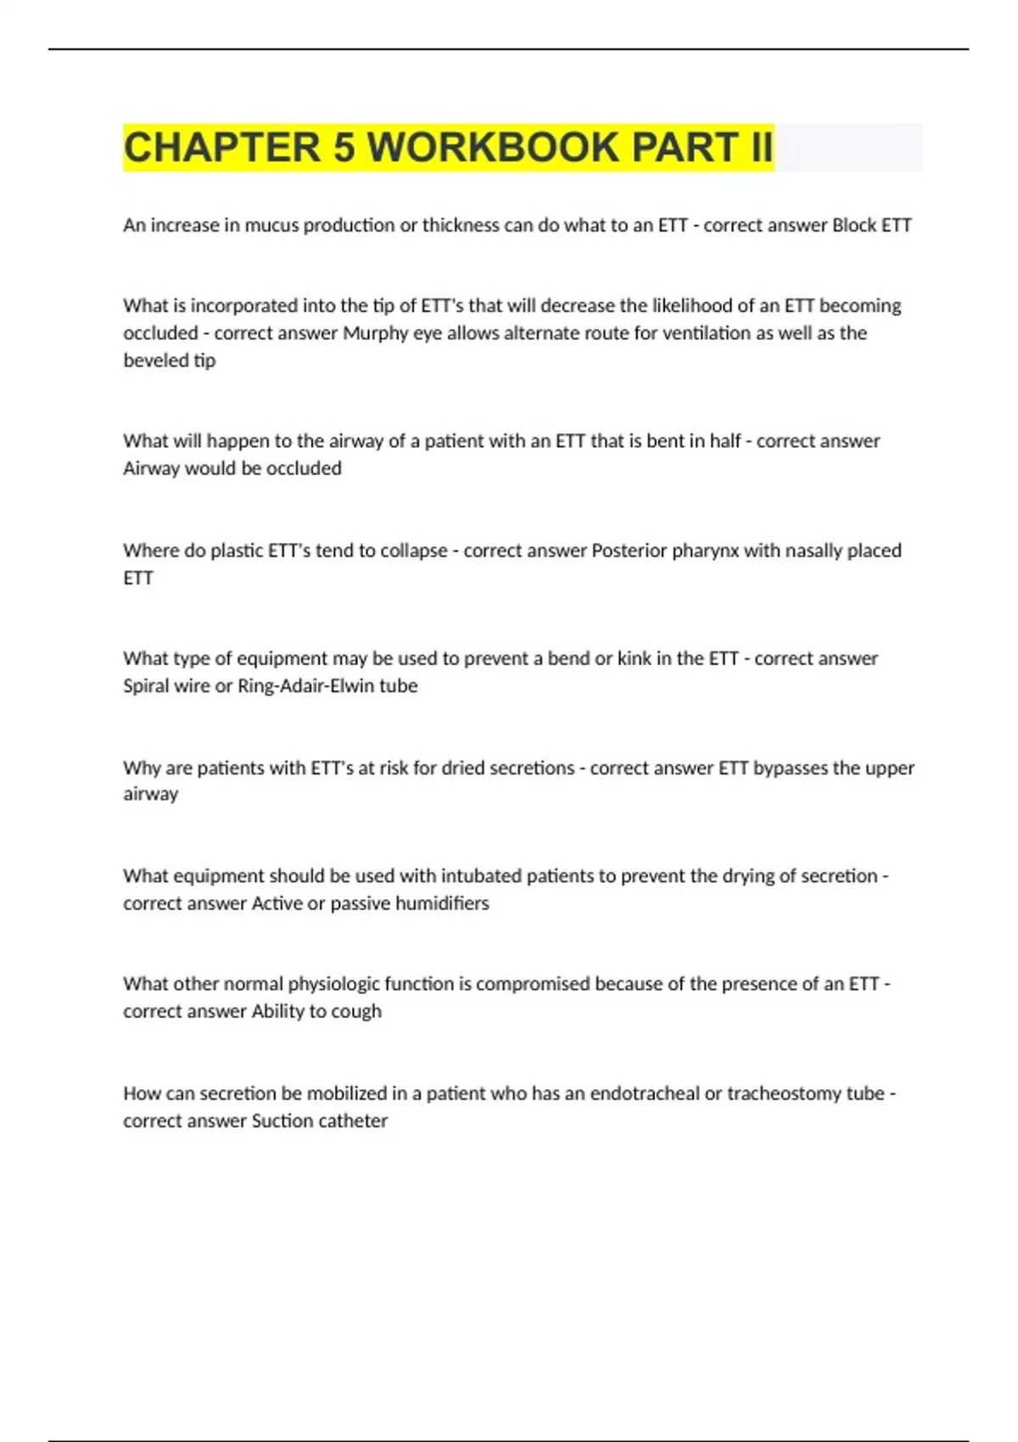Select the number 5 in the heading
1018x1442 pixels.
click(344, 148)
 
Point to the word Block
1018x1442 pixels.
click(854, 226)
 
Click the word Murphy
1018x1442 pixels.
click(375, 333)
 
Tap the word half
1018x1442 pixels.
click(723, 441)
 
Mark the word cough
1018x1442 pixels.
click(356, 1012)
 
